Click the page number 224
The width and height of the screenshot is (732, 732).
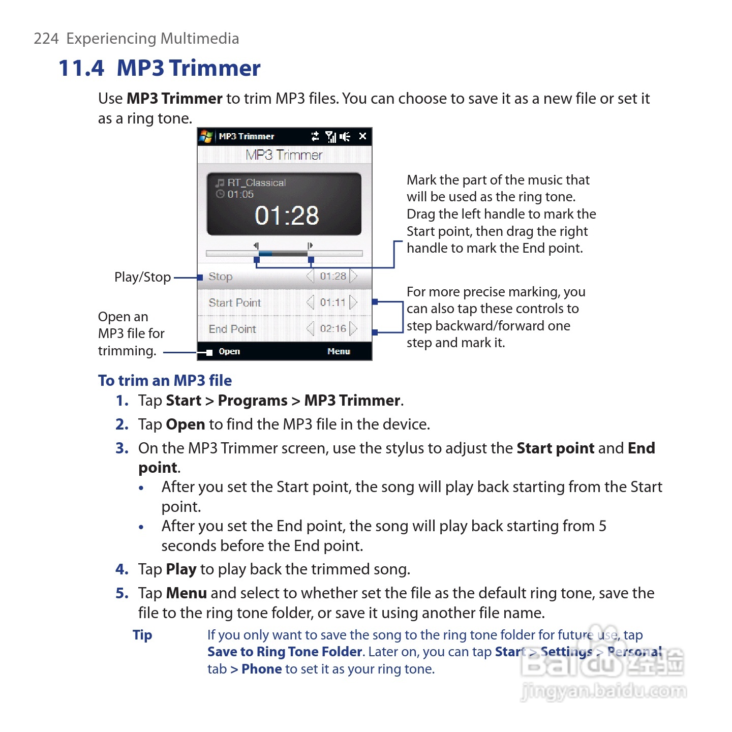[x=46, y=39]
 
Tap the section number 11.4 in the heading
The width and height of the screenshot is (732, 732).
[x=81, y=68]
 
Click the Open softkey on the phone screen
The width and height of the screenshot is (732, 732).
[x=229, y=351]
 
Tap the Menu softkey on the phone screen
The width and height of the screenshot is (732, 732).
[x=339, y=351]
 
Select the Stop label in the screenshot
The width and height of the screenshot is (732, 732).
[x=220, y=277]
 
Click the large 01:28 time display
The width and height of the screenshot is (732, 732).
[x=287, y=216]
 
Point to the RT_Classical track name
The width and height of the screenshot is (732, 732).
[x=256, y=182]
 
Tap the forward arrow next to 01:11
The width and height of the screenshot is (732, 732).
[x=354, y=302]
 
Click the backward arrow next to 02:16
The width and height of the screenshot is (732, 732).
[x=310, y=329]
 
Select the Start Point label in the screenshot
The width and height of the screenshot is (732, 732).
[x=234, y=303]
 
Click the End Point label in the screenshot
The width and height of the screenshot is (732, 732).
[x=232, y=329]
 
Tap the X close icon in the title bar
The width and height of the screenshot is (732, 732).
[x=362, y=136]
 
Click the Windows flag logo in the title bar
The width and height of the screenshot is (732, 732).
[x=206, y=136]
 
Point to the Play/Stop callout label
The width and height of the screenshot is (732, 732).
[x=142, y=277]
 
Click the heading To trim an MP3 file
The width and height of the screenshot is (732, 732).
[x=165, y=380]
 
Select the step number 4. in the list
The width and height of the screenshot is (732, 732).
[x=122, y=569]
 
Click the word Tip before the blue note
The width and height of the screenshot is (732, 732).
[x=142, y=635]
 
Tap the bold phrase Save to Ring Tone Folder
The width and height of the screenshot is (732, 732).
[x=285, y=652]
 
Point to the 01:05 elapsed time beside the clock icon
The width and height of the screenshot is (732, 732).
[x=240, y=194]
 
